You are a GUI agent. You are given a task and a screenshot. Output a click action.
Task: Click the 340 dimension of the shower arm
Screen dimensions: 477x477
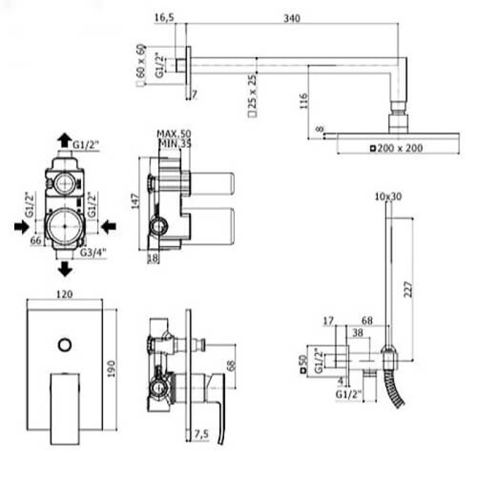pos(291,18)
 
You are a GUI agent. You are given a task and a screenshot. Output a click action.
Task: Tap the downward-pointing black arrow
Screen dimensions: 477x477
pos(64,270)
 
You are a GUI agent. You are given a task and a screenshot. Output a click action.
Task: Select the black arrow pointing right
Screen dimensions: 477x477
pos(21,226)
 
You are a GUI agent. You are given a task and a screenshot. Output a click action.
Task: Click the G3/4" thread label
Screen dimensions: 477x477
pos(94,252)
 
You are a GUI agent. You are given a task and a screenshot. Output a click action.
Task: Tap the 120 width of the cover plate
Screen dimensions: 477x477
pos(64,293)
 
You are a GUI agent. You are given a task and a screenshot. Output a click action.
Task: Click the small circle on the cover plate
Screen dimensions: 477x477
pos(64,344)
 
